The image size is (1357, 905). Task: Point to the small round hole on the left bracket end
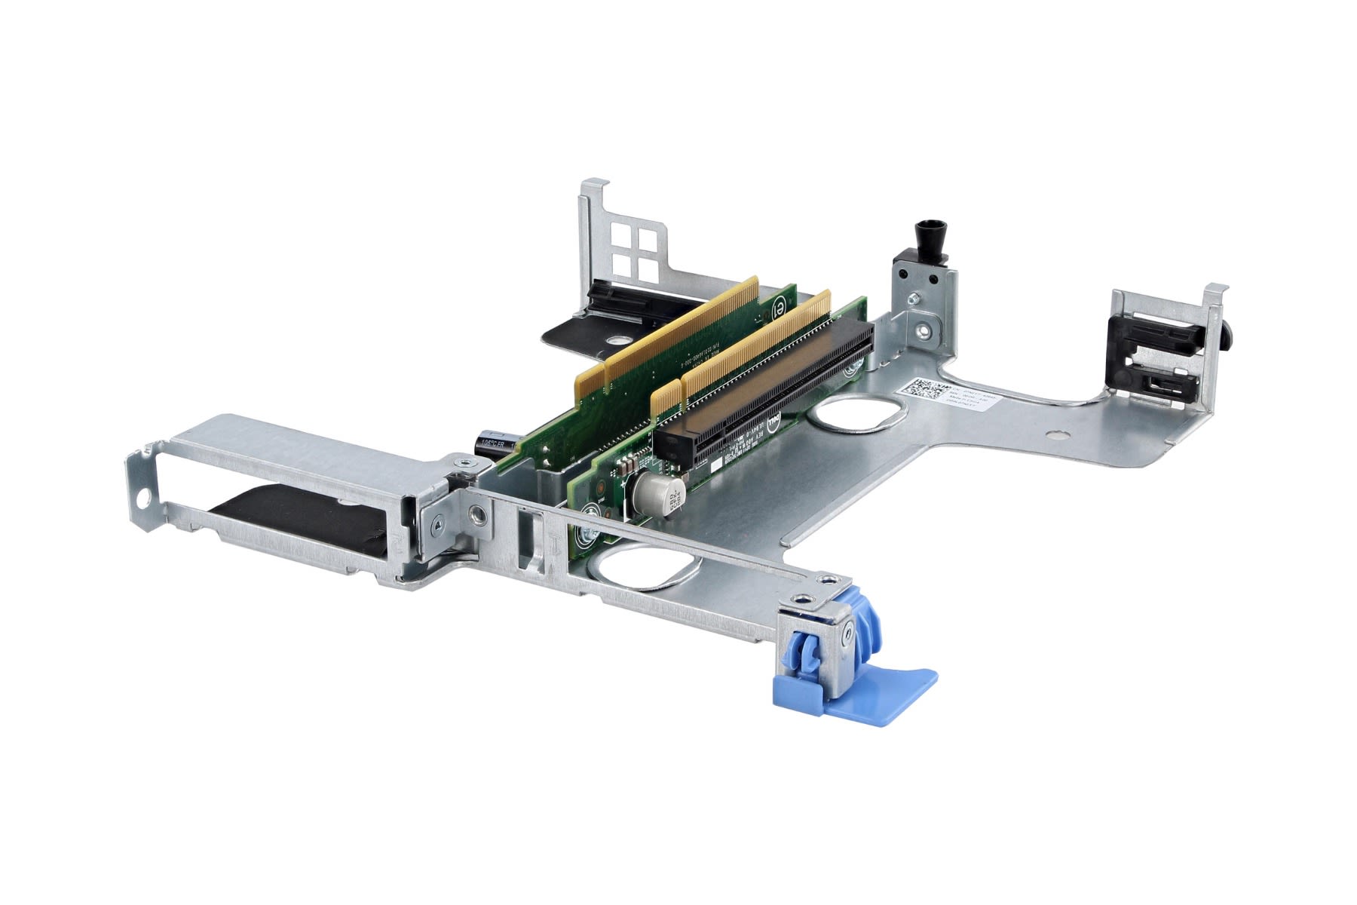[140, 499]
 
